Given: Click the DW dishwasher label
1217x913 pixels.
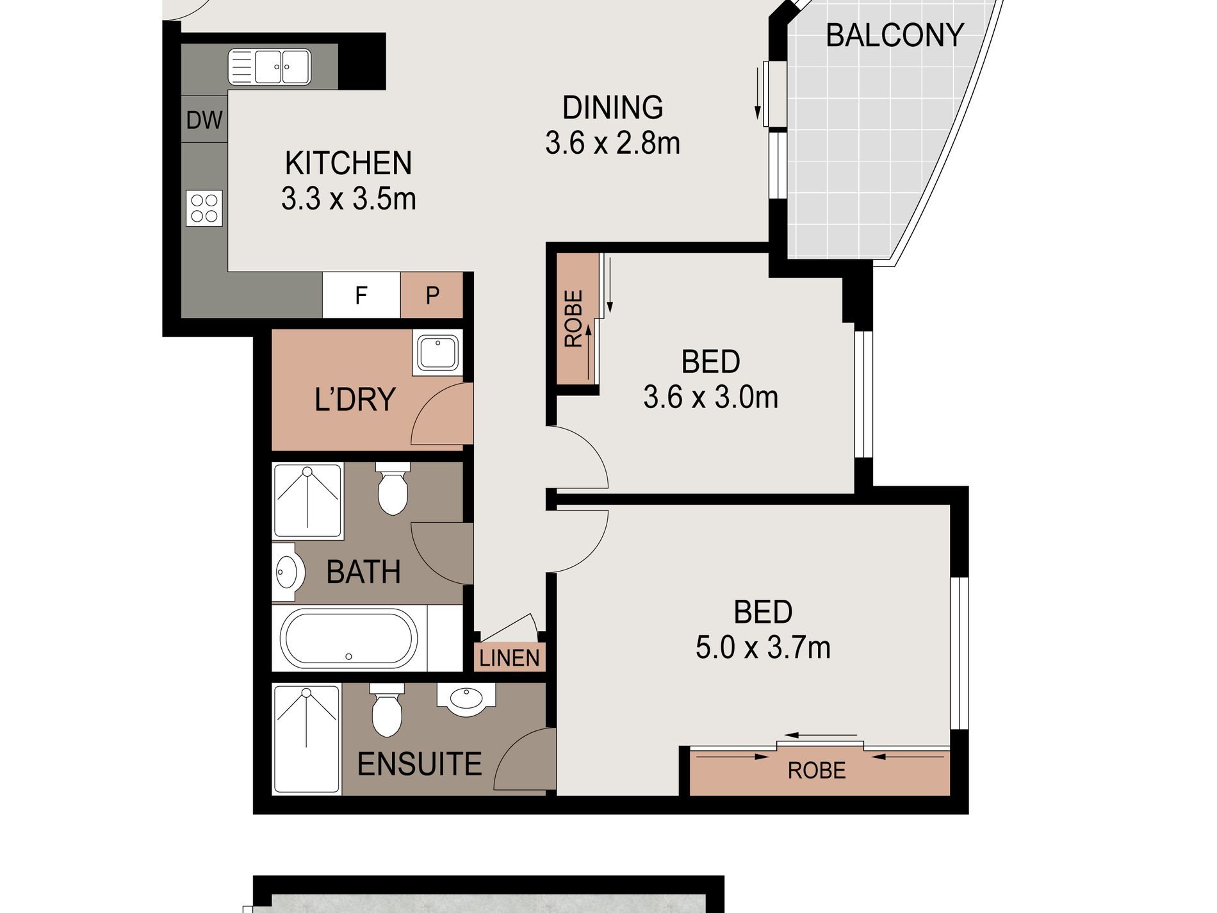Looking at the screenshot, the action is click(204, 120).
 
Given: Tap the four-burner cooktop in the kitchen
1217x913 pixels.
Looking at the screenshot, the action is click(204, 208).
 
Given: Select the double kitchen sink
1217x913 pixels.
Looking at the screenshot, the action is click(269, 67).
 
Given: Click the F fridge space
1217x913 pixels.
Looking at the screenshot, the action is click(361, 295).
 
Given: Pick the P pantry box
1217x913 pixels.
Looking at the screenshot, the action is click(432, 295).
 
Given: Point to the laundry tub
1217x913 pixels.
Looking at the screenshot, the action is click(438, 352).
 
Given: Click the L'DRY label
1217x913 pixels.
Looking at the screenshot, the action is click(355, 399).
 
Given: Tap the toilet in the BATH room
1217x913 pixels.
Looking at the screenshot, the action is click(393, 488).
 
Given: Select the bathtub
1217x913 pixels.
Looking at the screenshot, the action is click(349, 639).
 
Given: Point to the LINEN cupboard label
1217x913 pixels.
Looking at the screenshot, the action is click(509, 658).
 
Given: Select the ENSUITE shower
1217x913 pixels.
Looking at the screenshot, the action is click(306, 739).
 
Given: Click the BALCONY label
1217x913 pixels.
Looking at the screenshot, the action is click(894, 35).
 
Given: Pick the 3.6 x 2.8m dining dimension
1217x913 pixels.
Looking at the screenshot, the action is click(612, 143).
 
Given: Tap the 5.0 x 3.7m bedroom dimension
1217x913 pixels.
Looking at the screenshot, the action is click(763, 648).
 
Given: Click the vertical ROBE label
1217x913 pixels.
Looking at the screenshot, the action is click(573, 318).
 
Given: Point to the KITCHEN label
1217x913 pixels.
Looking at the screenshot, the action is click(348, 163).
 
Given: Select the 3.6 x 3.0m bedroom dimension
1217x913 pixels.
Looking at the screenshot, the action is click(710, 397).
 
